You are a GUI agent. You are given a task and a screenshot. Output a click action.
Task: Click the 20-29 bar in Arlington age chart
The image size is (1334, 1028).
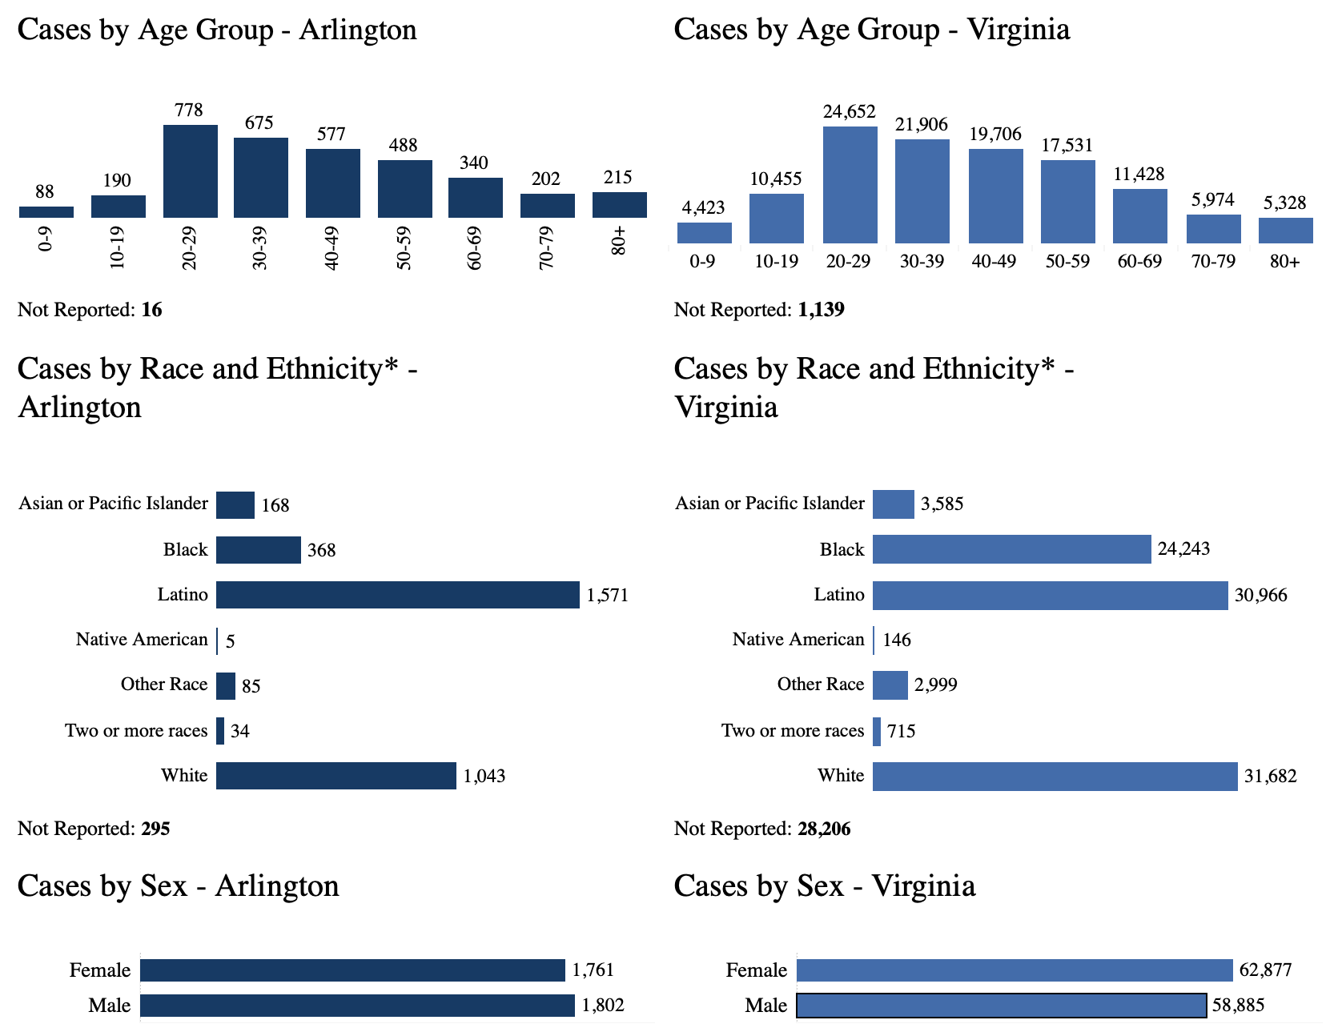click(x=190, y=171)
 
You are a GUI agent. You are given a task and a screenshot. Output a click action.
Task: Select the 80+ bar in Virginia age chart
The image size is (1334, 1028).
click(x=1285, y=231)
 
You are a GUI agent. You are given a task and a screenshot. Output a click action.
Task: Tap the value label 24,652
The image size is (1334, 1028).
click(x=849, y=112)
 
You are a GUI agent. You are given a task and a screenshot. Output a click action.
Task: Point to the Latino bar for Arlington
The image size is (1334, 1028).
click(x=397, y=595)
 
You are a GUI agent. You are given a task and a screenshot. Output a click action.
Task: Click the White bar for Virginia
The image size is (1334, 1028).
click(x=1055, y=776)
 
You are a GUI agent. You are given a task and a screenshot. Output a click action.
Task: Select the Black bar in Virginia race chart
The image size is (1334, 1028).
click(x=1011, y=549)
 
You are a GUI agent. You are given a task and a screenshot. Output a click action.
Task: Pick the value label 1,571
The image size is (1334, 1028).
click(x=607, y=596)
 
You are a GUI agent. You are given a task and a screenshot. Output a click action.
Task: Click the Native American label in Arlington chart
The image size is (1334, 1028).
click(x=142, y=640)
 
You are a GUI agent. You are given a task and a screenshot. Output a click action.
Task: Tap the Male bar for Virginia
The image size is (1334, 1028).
click(x=1001, y=1005)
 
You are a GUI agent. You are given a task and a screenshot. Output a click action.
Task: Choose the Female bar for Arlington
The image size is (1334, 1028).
click(x=352, y=970)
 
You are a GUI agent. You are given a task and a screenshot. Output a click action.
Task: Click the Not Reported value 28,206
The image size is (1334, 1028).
click(x=824, y=829)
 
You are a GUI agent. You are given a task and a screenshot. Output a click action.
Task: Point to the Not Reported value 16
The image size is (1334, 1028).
click(x=151, y=310)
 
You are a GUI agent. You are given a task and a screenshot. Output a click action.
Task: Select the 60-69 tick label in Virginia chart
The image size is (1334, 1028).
click(x=1139, y=262)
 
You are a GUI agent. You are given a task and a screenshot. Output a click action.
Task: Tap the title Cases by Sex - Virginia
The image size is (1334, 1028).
click(x=824, y=886)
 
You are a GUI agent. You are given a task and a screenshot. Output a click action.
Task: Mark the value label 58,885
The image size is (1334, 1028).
click(x=1238, y=1006)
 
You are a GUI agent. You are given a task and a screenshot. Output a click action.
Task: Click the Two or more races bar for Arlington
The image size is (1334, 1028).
click(x=220, y=731)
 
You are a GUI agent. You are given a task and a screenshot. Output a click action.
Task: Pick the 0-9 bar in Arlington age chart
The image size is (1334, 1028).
click(x=46, y=212)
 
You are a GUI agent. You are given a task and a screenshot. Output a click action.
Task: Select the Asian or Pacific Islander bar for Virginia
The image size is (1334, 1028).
click(x=893, y=504)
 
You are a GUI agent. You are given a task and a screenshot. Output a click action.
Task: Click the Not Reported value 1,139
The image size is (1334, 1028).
click(x=821, y=310)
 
